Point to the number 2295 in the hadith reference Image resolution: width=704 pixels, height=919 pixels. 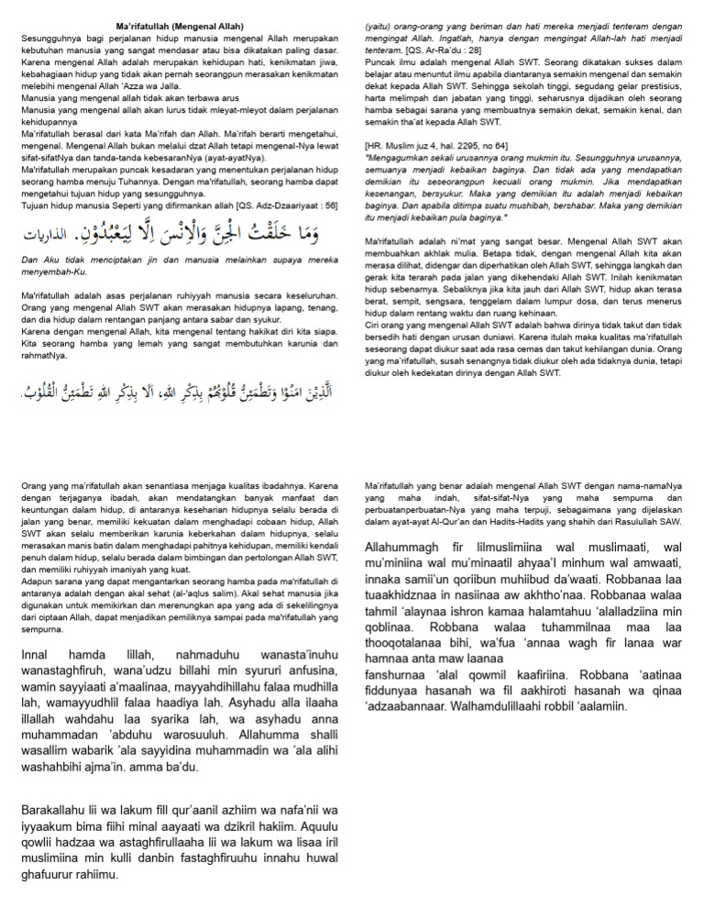(474, 144)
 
